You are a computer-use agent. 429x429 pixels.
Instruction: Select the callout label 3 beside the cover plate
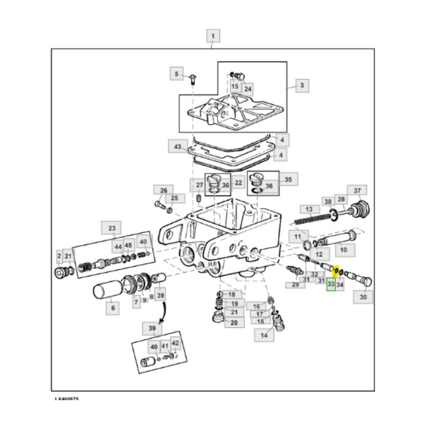click(x=302, y=86)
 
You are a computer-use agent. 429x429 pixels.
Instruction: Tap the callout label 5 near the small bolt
click(x=177, y=75)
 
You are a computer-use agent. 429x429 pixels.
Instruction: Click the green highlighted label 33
click(x=330, y=284)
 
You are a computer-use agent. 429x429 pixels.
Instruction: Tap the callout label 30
click(x=363, y=298)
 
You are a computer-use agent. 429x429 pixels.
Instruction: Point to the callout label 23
click(x=112, y=229)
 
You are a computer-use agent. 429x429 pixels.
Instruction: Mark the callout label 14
click(x=264, y=335)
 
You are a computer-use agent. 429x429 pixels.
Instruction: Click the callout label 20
click(x=233, y=322)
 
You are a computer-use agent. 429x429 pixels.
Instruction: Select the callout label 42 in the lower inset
click(x=175, y=343)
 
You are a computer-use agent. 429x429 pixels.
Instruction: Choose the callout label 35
click(x=289, y=180)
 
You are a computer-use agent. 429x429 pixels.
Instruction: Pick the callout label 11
click(x=298, y=236)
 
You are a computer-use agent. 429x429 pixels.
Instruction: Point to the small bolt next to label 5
click(x=192, y=78)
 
